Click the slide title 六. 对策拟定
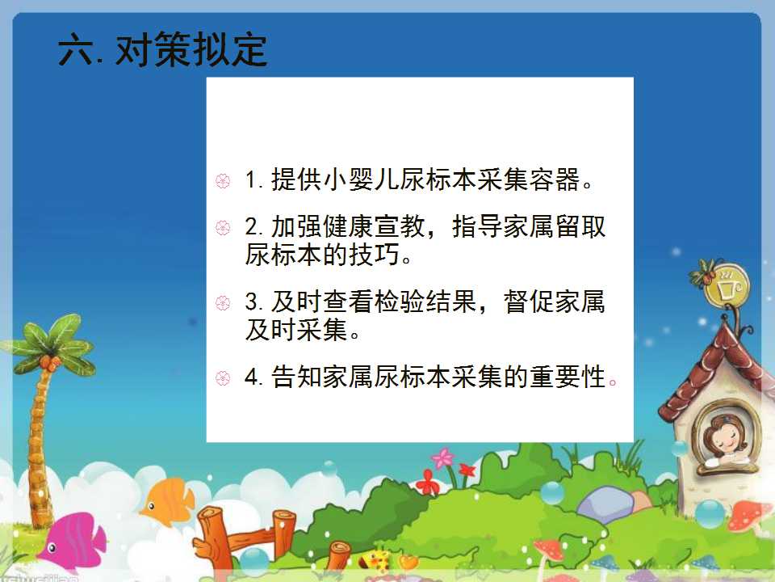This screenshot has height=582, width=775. point(162,49)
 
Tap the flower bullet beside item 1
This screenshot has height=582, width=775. point(223,180)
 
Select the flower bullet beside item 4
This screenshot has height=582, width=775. point(223,378)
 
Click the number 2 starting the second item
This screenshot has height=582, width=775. point(252,227)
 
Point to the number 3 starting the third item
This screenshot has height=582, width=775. point(252,302)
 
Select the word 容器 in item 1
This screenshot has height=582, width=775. point(555,179)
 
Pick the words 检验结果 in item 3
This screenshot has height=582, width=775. point(426,302)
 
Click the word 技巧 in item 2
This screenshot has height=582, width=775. point(375,255)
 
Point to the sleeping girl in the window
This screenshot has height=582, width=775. point(725,441)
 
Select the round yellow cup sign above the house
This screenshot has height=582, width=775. point(727,286)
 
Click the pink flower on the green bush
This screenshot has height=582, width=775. point(443,459)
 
